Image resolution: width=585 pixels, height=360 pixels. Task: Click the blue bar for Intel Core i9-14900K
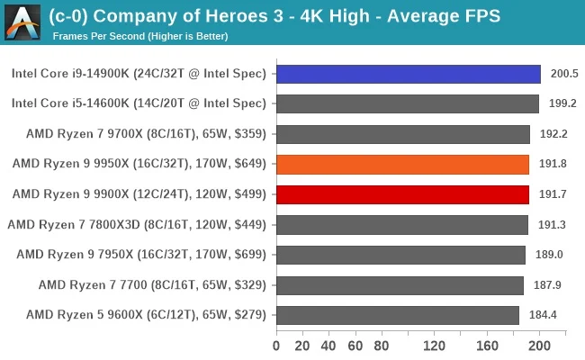[x=408, y=74]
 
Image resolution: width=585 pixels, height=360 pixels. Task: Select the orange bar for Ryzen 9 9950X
[x=402, y=164]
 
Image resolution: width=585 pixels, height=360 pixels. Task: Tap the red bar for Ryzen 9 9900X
[x=402, y=194]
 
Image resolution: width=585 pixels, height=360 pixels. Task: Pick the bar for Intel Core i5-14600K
[x=407, y=103]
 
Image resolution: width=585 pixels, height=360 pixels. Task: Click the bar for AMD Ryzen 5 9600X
[x=398, y=315]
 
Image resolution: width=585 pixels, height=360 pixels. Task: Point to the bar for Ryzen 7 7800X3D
[x=402, y=224]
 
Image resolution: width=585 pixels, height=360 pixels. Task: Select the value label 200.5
[x=562, y=74]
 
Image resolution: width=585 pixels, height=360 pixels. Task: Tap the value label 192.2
[x=551, y=134]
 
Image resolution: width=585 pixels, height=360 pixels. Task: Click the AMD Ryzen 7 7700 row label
[x=152, y=285]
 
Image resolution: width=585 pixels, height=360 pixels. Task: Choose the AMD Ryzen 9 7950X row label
[x=141, y=255]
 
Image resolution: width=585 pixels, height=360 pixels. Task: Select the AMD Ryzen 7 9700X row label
[x=139, y=134]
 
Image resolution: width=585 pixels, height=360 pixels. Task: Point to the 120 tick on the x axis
[x=435, y=346]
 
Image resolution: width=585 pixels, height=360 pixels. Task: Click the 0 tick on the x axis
[x=276, y=346]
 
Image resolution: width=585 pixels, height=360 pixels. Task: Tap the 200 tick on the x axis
[x=540, y=346]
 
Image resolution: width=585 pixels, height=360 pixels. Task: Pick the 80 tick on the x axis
[x=382, y=346]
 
